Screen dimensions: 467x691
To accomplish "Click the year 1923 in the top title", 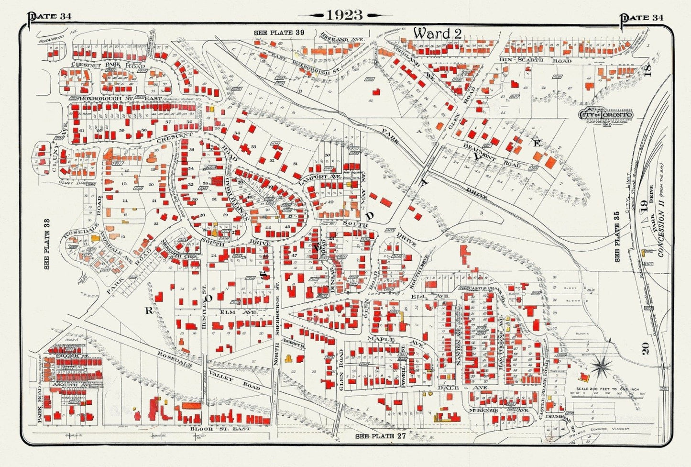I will point(344,15).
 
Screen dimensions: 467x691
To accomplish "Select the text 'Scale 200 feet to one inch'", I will point(607,389).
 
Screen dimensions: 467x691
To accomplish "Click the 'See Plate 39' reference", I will point(279,32).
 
